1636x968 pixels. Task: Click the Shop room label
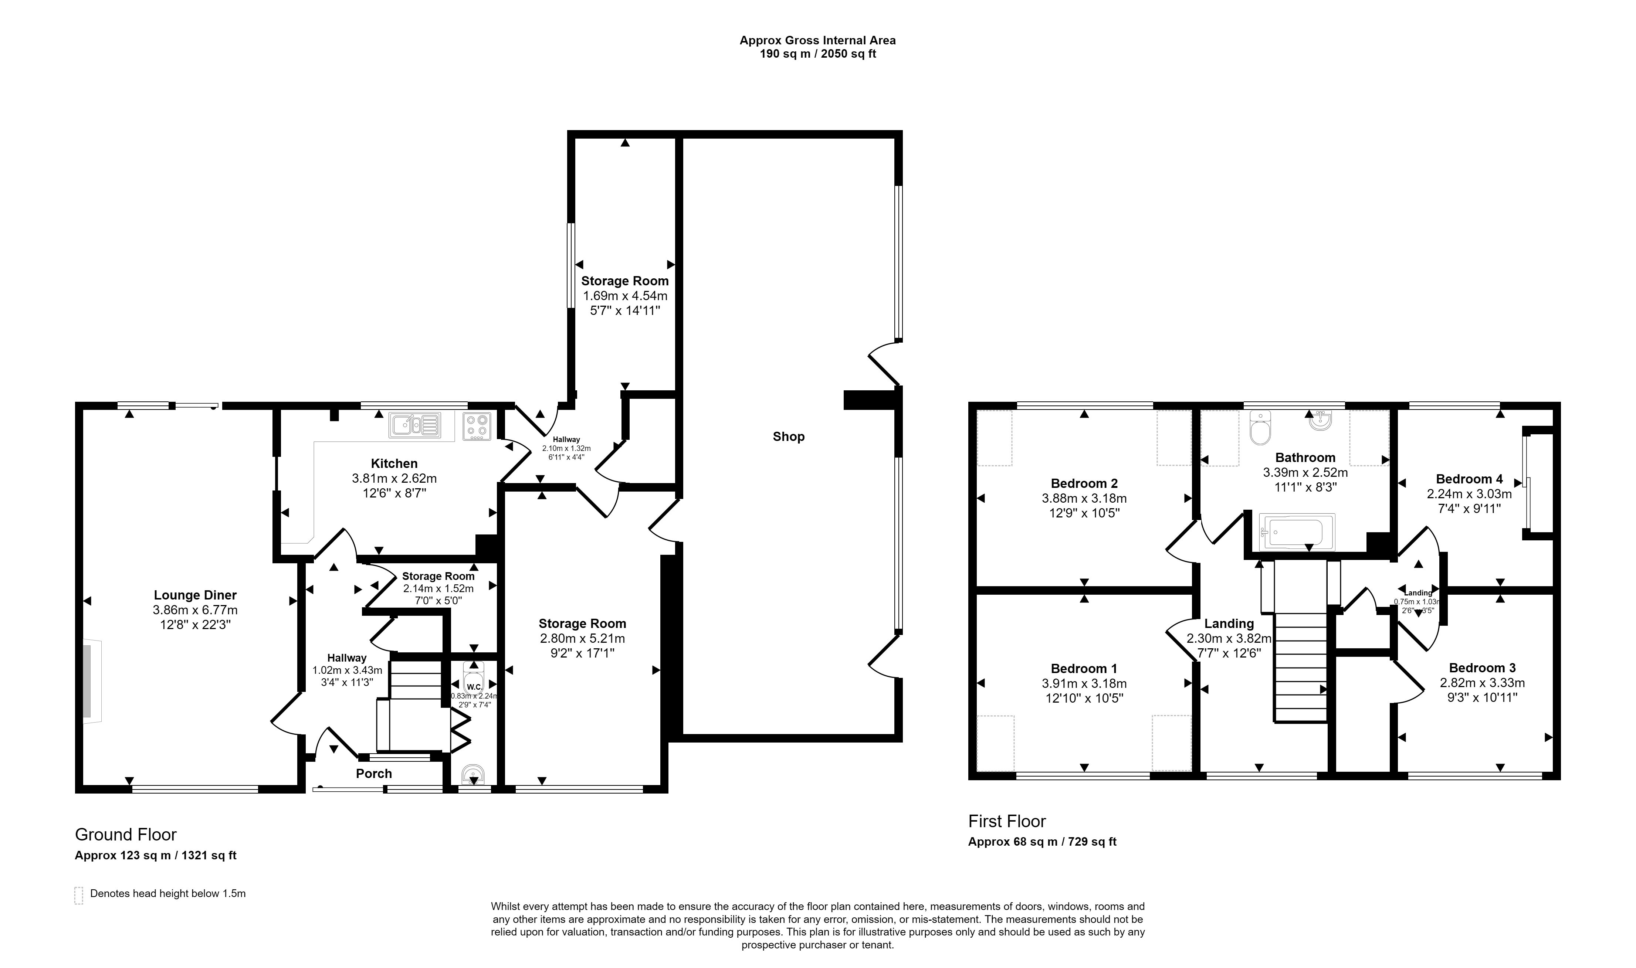click(x=788, y=437)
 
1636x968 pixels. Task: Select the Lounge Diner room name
click(x=195, y=595)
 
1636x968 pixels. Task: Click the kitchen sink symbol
click(x=415, y=425)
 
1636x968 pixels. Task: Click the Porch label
click(x=374, y=774)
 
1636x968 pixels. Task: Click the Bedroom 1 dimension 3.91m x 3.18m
click(x=1084, y=684)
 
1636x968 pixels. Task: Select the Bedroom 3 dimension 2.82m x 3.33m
click(x=1482, y=683)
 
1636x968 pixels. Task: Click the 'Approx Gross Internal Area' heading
click(x=817, y=40)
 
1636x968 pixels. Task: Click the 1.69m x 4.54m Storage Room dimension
click(x=625, y=296)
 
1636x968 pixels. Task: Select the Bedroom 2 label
click(x=1084, y=483)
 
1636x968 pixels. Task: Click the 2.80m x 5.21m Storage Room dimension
click(x=582, y=639)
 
